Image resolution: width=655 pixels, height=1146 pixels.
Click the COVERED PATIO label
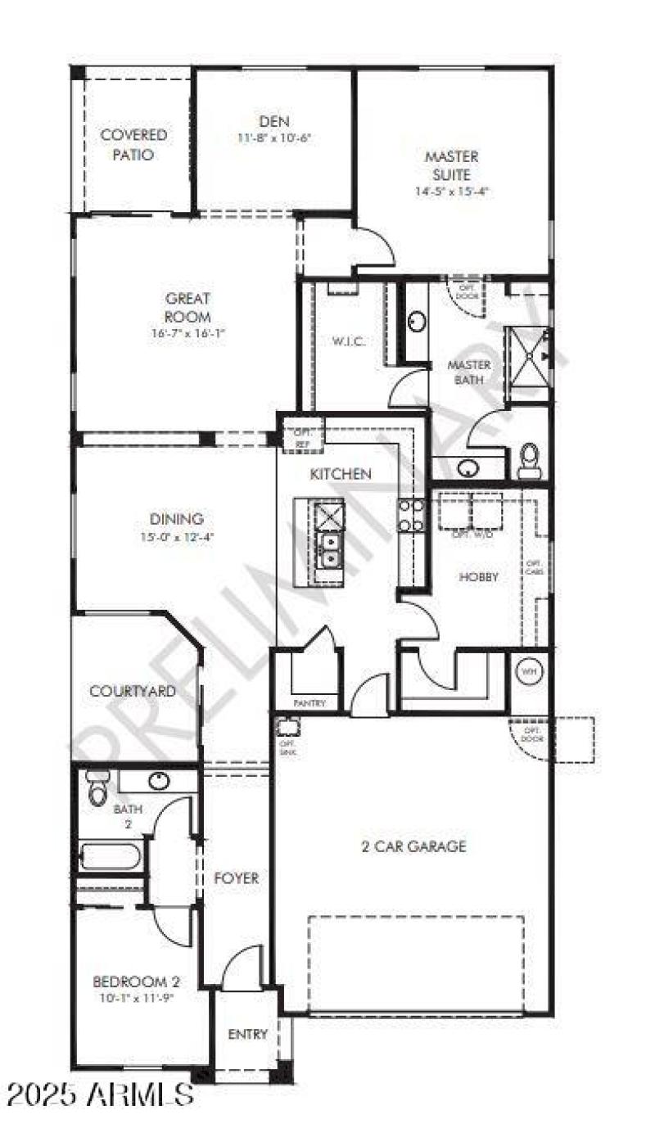[133, 144]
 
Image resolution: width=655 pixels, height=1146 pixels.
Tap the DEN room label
[274, 121]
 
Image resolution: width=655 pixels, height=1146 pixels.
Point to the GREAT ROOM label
[187, 308]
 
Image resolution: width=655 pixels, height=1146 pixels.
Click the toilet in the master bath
[529, 461]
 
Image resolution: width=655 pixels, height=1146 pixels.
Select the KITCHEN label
[340, 474]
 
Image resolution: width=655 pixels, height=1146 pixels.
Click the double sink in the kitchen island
[329, 549]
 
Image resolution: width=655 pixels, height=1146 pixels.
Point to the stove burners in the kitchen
[411, 516]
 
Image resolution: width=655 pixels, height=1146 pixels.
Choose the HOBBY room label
[478, 576]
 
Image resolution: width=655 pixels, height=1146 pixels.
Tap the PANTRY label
[309, 703]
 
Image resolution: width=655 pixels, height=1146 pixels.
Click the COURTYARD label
[133, 692]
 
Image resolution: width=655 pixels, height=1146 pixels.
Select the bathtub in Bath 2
[111, 857]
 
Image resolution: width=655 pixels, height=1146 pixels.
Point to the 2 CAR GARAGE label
[413, 846]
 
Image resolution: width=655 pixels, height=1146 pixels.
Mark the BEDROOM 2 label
[136, 981]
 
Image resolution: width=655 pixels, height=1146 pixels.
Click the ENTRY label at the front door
[247, 1034]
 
